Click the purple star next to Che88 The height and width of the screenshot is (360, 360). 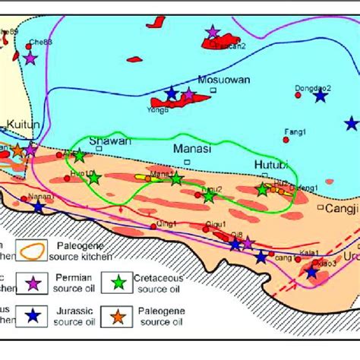click(30, 57)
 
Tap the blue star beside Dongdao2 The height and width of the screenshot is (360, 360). click(321, 96)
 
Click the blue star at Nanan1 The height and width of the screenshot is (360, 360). click(39, 207)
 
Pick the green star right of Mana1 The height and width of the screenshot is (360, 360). click(176, 179)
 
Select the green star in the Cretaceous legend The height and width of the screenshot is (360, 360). click(120, 284)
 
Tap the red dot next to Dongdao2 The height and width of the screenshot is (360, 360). click(298, 95)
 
